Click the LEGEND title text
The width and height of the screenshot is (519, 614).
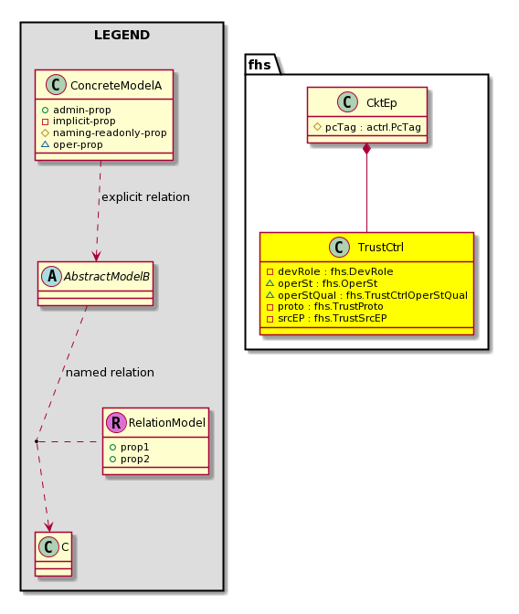coord(122,35)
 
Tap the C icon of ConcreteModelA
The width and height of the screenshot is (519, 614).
coord(56,85)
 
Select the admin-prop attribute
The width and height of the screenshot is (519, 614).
coord(82,110)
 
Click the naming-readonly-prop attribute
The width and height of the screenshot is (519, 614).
coord(110,132)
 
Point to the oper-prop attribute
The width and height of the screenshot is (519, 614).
coord(78,144)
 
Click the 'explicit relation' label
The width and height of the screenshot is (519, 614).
coord(145,196)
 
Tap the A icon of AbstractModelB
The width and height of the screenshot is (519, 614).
coord(52,276)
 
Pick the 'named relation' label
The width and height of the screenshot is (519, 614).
coord(110,372)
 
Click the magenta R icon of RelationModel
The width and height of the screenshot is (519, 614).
coord(116,422)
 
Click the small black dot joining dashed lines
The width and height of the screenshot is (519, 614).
coord(36,441)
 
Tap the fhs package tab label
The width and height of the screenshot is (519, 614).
coord(259,64)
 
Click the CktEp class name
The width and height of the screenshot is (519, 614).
coord(382,102)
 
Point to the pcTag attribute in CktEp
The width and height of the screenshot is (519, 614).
coord(373,127)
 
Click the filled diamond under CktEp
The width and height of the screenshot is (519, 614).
coord(366,149)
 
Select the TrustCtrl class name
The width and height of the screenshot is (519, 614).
coord(381,247)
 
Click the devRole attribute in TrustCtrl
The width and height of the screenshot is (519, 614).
coord(335,271)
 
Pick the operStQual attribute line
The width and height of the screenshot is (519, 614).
coord(373,295)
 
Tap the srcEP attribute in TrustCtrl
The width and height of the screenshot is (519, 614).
coord(333,318)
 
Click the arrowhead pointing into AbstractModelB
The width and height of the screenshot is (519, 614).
coord(96,256)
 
